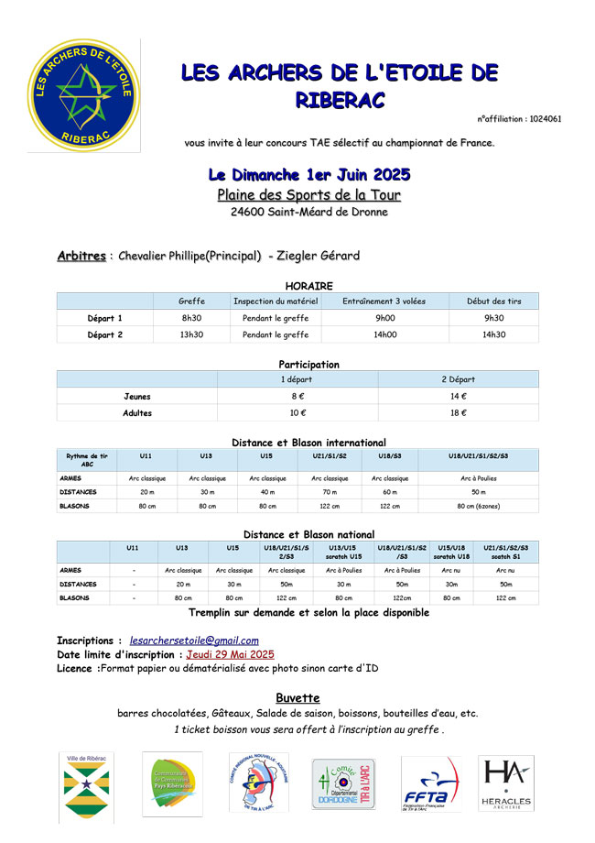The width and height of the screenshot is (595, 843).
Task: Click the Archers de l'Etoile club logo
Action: tap(82, 96)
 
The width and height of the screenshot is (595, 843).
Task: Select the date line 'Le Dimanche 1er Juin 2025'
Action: tap(309, 174)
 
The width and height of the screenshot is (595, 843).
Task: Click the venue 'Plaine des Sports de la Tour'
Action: tap(308, 194)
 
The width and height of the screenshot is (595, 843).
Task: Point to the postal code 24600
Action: tap(248, 212)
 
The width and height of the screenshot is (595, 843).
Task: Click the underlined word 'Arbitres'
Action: tap(81, 256)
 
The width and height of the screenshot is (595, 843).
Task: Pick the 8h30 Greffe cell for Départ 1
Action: tap(191, 318)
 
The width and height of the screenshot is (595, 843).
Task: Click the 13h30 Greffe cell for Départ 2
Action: tap(191, 334)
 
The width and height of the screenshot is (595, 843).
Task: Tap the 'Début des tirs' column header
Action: tap(493, 301)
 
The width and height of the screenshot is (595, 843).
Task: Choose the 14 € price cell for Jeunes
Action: tap(458, 396)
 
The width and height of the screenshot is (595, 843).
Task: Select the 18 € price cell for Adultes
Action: tap(458, 413)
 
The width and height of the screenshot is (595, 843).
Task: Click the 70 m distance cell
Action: tap(330, 492)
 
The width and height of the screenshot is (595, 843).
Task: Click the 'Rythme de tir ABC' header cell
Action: tap(87, 460)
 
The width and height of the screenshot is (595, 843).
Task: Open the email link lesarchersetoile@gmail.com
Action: tap(194, 640)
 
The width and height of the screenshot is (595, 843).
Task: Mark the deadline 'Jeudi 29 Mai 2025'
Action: tap(231, 654)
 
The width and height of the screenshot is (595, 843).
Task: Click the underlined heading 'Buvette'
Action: tap(297, 697)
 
